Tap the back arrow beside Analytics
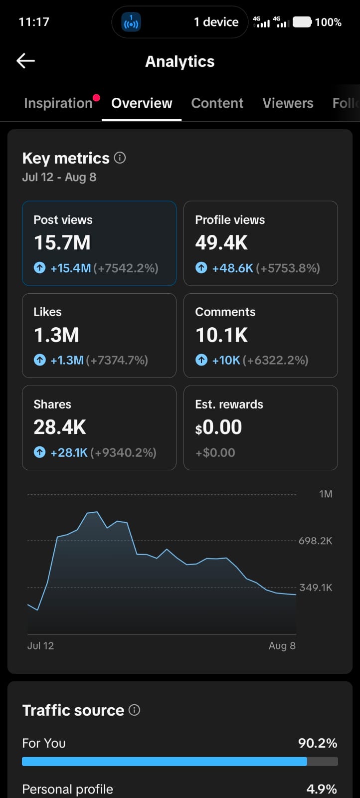pyautogui.click(x=25, y=60)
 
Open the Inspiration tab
pyautogui.click(x=58, y=103)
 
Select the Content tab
pyautogui.click(x=217, y=103)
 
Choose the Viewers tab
pyautogui.click(x=288, y=103)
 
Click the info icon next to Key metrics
pyautogui.click(x=120, y=158)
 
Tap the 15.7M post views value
pyautogui.click(x=62, y=242)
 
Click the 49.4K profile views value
pyautogui.click(x=221, y=242)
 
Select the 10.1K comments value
pyautogui.click(x=221, y=335)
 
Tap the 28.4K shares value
pyautogui.click(x=60, y=427)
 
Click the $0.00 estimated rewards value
pyautogui.click(x=218, y=427)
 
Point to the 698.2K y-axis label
pyautogui.click(x=315, y=541)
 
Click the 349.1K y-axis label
pyautogui.click(x=316, y=588)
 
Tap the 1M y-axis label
pyautogui.click(x=326, y=494)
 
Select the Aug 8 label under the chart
pyautogui.click(x=282, y=646)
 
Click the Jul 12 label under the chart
pyautogui.click(x=40, y=646)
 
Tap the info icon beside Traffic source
pyautogui.click(x=134, y=710)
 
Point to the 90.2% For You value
pyautogui.click(x=318, y=743)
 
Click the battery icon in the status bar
pyautogui.click(x=302, y=22)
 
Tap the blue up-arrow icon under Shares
pyautogui.click(x=39, y=452)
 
